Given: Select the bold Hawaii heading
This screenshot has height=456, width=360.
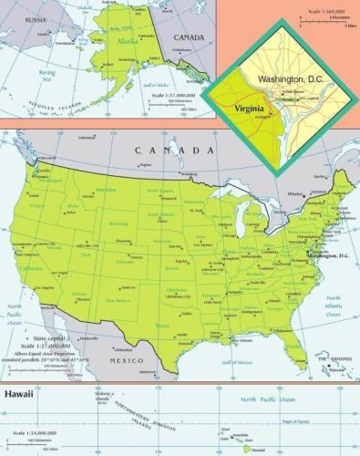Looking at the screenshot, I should tap(20, 395).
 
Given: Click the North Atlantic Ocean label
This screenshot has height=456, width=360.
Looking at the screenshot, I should tap(334, 303).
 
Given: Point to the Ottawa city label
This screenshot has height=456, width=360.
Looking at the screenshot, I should tap(293, 193).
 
